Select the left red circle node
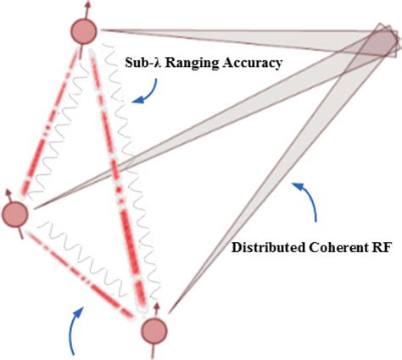(x=14, y=215)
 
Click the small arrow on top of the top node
(x=84, y=8)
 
